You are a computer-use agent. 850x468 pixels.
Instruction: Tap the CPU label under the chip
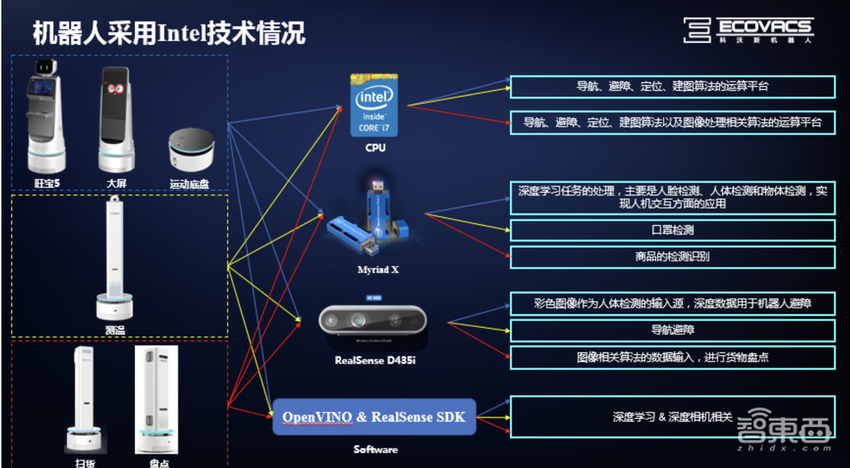tap(375, 148)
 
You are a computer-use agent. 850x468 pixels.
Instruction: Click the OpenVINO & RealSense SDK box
tap(374, 416)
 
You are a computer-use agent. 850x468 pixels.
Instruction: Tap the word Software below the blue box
tap(375, 449)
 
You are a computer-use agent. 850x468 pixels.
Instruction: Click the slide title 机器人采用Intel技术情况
tap(168, 33)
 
